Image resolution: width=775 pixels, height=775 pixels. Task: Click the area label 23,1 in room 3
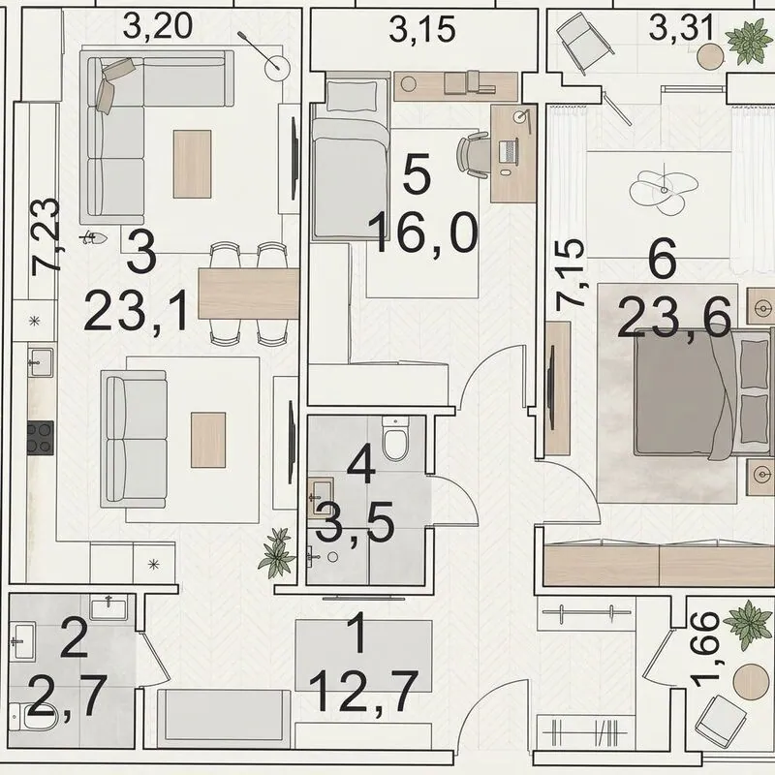(137, 311)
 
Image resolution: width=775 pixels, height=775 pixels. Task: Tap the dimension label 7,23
(46, 236)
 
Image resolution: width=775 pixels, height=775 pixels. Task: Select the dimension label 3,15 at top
(421, 30)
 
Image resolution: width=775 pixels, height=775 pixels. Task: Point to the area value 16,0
(423, 233)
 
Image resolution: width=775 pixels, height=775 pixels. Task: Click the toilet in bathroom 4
(395, 438)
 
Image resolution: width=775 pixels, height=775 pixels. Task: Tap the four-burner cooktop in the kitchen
(40, 438)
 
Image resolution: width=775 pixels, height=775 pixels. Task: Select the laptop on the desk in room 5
(509, 151)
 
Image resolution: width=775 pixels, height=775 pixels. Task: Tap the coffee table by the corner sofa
(192, 164)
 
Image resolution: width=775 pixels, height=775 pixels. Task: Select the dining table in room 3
(249, 294)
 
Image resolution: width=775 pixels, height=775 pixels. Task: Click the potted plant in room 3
(277, 552)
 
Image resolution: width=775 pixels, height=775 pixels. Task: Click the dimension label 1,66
(705, 650)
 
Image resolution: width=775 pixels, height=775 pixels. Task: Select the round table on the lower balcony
(751, 682)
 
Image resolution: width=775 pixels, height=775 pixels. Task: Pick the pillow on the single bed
(351, 96)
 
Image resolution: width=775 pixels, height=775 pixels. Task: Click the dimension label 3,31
(681, 28)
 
